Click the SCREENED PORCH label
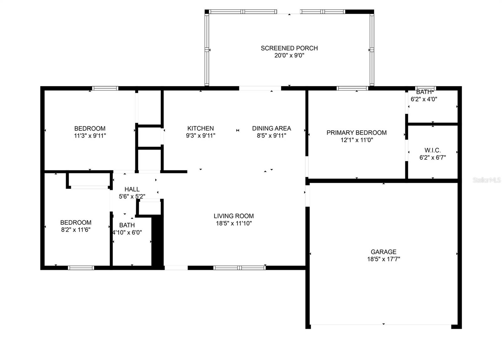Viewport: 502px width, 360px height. (289, 48)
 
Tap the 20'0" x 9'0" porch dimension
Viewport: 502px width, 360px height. (289, 56)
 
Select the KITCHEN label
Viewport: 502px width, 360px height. (200, 128)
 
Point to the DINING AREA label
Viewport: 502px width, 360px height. (271, 128)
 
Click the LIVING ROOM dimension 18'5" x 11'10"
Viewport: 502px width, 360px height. (234, 223)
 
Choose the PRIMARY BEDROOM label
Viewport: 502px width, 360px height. (356, 133)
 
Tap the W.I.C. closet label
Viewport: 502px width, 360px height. (432, 150)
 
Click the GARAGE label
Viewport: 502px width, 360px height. (383, 252)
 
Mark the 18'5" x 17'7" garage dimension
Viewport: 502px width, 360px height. (383, 259)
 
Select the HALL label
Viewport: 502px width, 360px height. (132, 189)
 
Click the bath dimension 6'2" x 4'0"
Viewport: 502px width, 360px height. (424, 99)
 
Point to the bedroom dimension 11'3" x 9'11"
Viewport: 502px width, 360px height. (90, 136)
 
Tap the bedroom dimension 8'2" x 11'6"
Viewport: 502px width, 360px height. (76, 230)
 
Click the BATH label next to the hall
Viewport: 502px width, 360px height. (127, 225)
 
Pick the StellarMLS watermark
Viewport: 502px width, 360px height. (487, 180)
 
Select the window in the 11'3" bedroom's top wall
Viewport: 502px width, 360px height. (105, 88)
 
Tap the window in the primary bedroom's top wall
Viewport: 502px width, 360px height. (352, 88)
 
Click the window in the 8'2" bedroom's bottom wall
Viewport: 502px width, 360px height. (81, 268)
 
